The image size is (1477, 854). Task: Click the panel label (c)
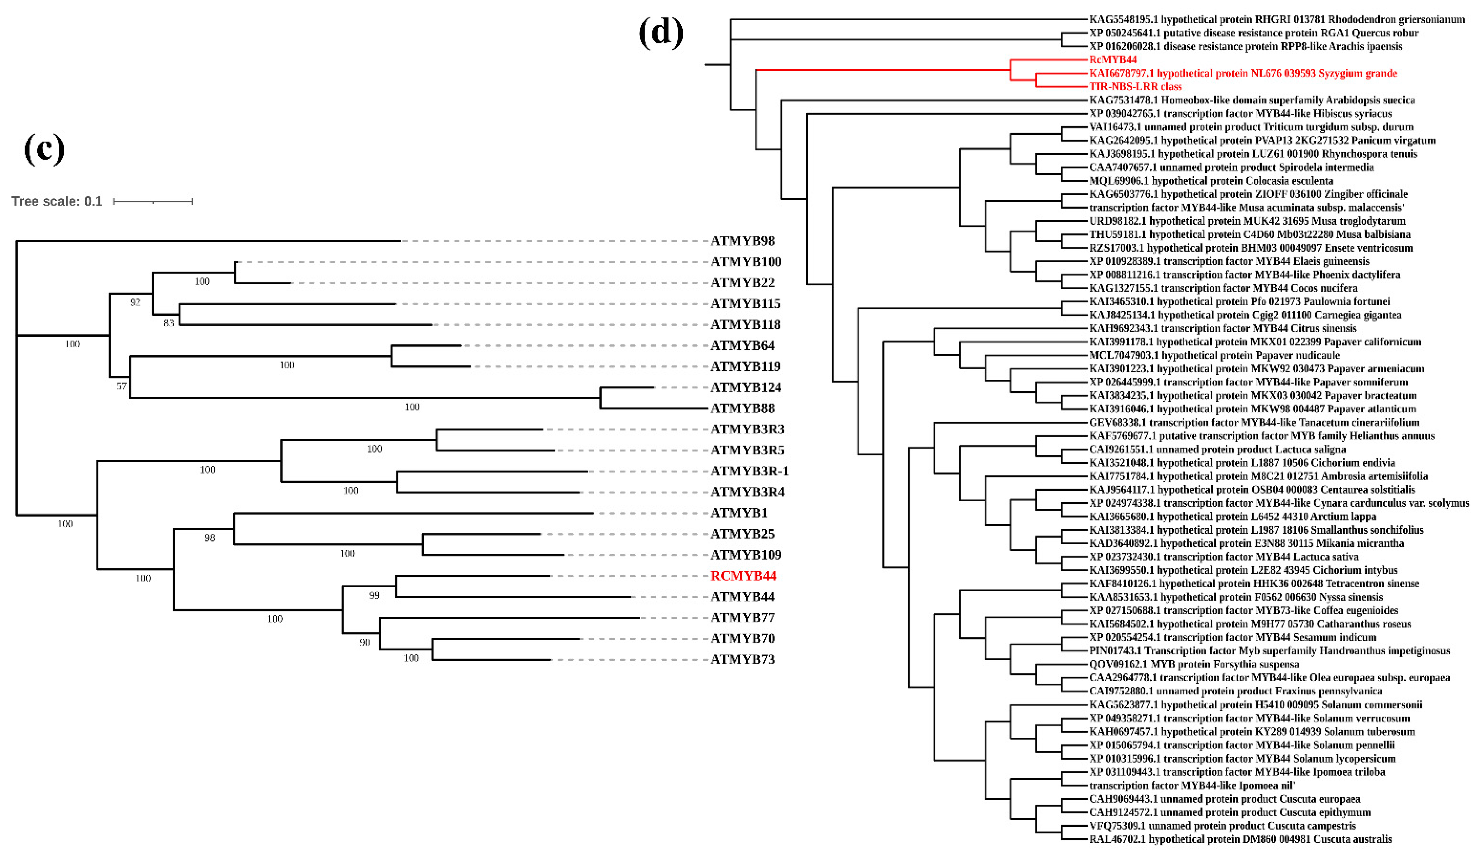(x=44, y=149)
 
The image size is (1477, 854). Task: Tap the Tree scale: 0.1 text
(x=57, y=202)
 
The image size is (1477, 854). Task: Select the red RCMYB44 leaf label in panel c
(x=743, y=576)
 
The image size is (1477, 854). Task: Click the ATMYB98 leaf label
(x=742, y=241)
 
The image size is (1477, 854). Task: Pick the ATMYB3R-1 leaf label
(x=749, y=471)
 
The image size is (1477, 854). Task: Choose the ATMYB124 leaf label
(x=746, y=387)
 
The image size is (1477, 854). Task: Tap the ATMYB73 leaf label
(x=742, y=659)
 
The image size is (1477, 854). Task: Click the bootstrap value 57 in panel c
(x=121, y=386)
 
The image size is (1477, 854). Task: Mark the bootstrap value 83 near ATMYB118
(x=169, y=323)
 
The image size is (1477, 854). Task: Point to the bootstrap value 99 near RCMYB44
(x=374, y=595)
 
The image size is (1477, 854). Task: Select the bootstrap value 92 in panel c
(x=136, y=302)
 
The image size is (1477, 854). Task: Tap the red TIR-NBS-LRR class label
(x=1135, y=87)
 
